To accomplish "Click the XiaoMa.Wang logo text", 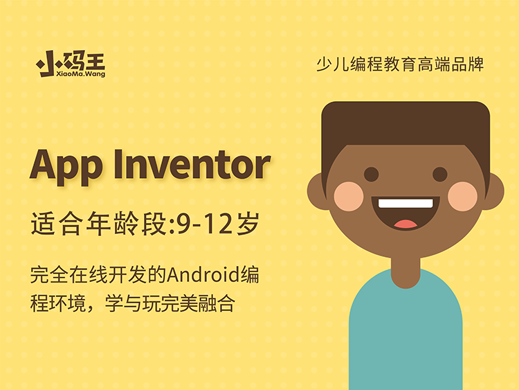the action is point(80,73).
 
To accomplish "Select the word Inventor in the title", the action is point(192,165).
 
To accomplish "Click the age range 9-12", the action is point(205,224).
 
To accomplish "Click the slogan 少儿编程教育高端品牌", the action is point(400,64).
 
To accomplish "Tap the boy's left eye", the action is point(372,175).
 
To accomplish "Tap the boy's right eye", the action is point(440,175).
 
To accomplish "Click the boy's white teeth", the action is point(406,203).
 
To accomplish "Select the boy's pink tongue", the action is point(406,224).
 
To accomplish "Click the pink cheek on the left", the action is point(349,197).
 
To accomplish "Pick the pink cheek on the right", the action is point(463,197).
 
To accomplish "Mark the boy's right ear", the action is point(495,192).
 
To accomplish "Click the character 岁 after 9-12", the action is point(248,224).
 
